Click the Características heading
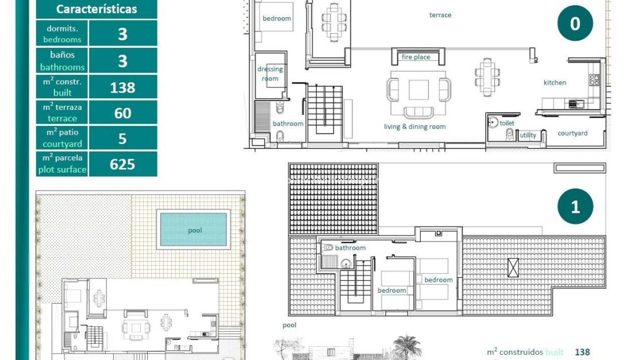pos(97,9)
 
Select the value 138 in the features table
pos(122,87)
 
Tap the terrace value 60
pos(122,113)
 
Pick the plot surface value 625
pos(122,164)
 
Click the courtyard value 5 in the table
pos(122,139)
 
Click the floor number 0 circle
pos(575,24)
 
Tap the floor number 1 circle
pos(575,206)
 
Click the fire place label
pos(416,57)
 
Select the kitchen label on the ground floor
pos(555,83)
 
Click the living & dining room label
pos(414,127)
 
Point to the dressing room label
pos(270,74)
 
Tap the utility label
pos(528,136)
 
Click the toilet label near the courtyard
pos(506,123)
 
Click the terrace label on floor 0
pos(440,15)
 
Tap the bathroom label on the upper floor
pos(350,248)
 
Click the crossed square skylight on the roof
pos(513,267)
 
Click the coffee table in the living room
pos(418,90)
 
